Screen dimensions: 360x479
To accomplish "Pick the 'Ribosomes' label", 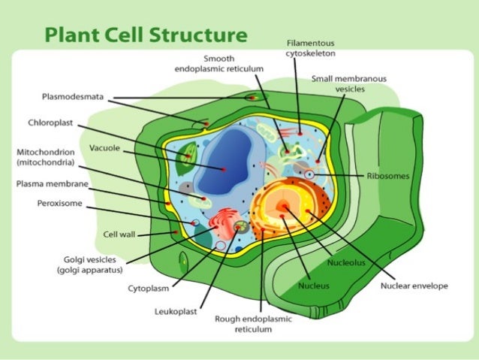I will point(388,176).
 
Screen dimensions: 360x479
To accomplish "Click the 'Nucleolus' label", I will point(345,263).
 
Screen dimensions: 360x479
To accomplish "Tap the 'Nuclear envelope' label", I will point(414,286).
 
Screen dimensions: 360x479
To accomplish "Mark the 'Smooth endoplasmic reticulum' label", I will point(218,63).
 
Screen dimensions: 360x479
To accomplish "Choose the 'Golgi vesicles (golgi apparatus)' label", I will point(92,265).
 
